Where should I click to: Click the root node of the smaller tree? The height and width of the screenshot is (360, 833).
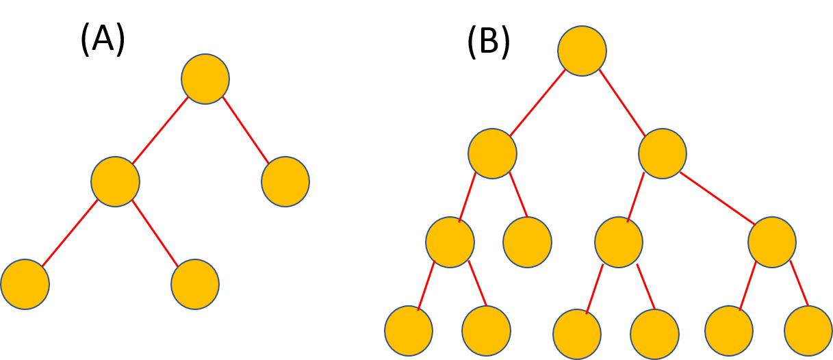205,79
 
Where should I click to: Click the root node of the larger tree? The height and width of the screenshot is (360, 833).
582,51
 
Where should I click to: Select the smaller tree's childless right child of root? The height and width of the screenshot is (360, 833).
285,182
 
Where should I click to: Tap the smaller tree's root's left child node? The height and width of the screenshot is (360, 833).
115,182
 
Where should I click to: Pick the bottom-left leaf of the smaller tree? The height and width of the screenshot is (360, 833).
25,285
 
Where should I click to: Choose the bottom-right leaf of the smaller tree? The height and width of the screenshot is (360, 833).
195,285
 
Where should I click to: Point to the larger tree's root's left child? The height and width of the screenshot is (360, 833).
492,154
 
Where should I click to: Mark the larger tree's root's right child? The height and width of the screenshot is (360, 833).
663,154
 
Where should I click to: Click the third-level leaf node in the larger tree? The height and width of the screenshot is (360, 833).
527,242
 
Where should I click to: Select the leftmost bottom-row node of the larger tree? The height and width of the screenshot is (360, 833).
409,331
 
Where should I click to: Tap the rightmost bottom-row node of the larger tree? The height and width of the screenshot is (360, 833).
808,331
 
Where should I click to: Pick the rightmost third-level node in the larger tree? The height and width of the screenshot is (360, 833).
772,242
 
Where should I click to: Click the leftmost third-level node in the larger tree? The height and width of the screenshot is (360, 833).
450,242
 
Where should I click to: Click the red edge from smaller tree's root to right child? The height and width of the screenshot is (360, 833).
246,131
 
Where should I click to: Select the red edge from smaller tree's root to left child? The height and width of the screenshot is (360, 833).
160,131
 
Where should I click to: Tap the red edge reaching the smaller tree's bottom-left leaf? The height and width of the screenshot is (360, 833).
70,233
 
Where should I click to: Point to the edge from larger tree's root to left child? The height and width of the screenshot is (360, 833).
537,103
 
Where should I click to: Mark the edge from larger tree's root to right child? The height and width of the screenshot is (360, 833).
622,103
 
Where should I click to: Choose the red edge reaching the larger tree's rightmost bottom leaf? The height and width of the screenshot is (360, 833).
799,283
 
